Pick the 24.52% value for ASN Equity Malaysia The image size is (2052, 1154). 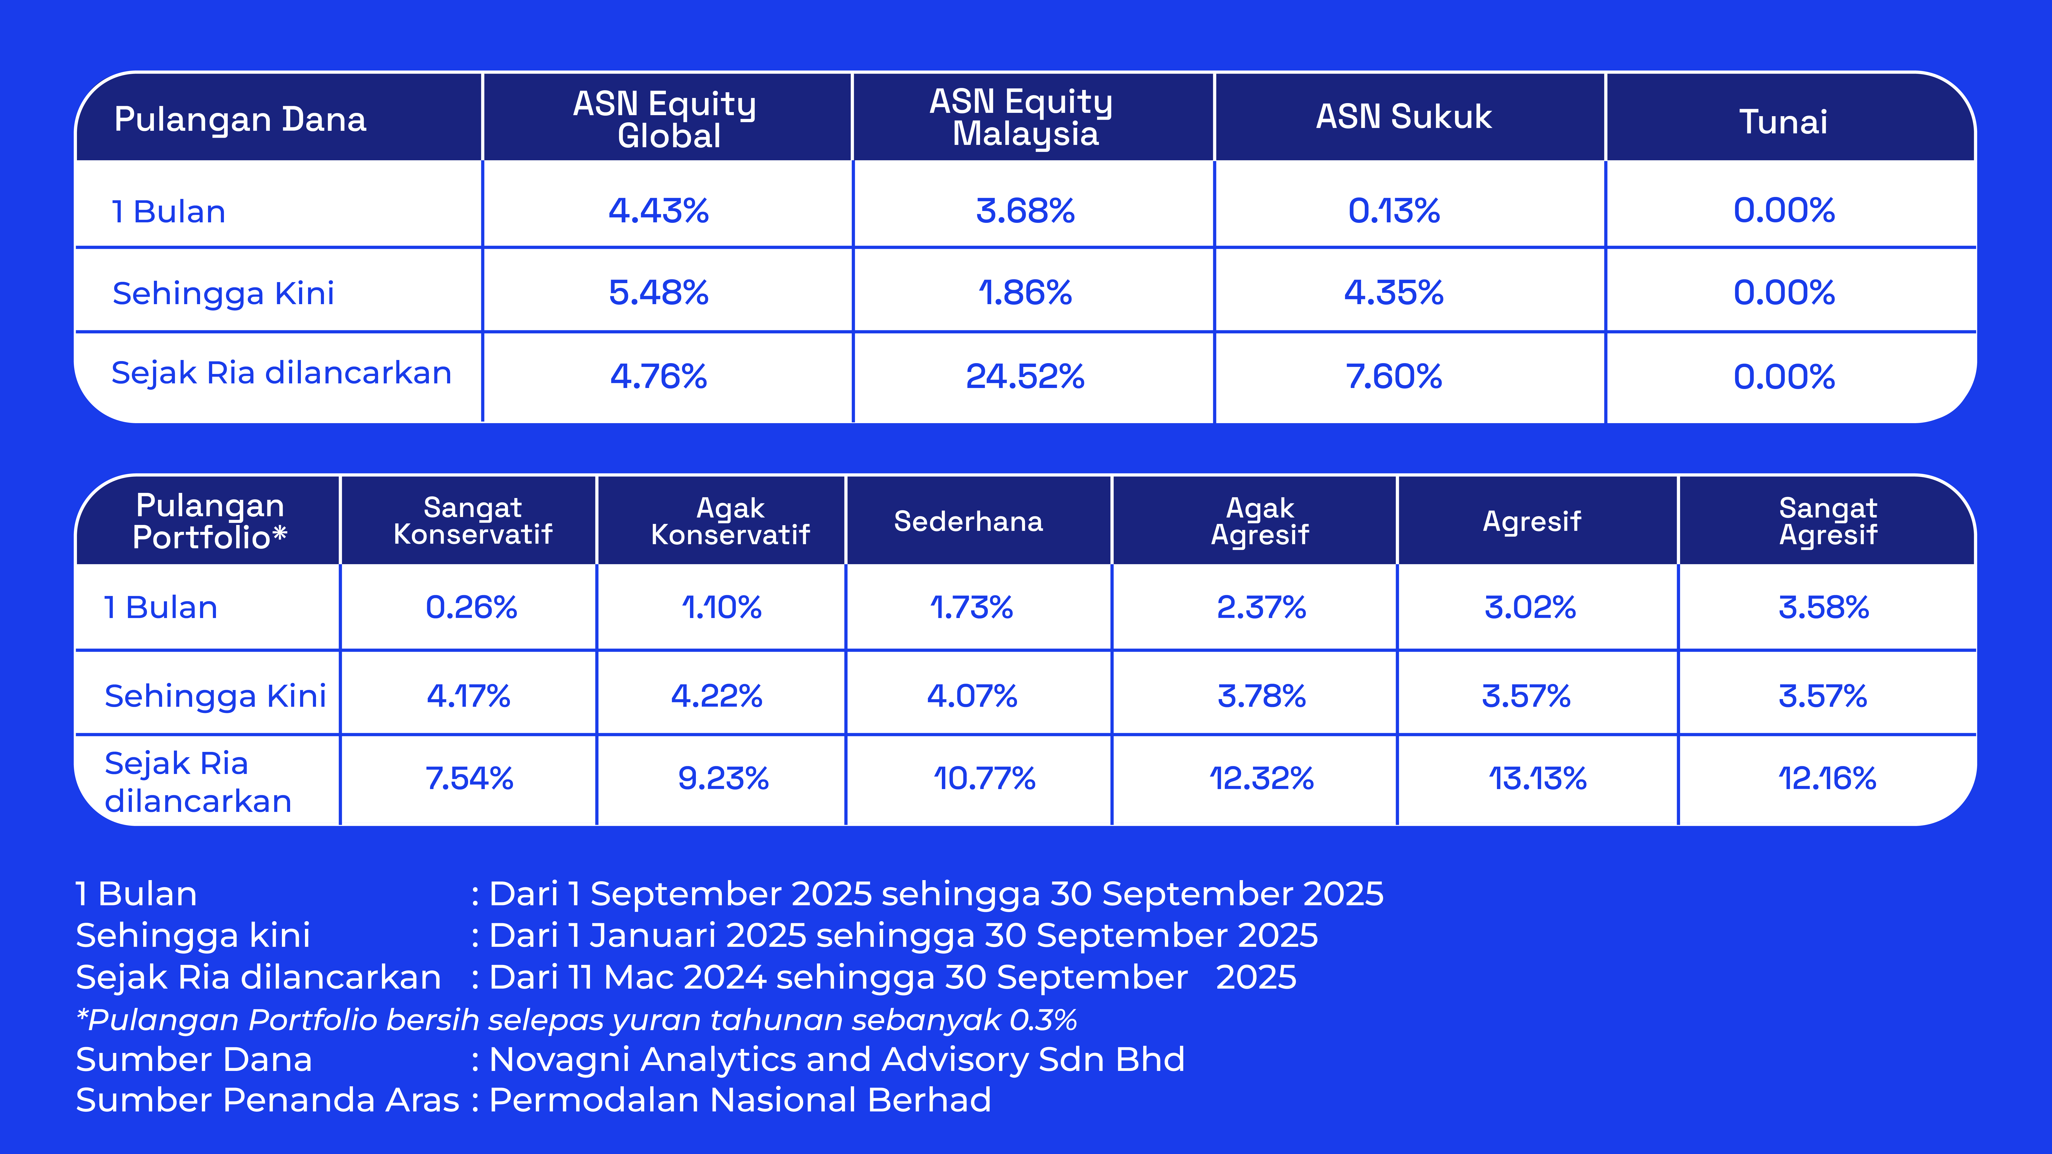click(x=1025, y=377)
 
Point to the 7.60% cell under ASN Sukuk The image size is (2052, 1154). click(x=1394, y=377)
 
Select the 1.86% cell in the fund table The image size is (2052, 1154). click(x=1025, y=293)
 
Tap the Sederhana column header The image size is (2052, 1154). click(x=968, y=522)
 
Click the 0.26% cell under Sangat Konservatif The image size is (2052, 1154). click(x=472, y=608)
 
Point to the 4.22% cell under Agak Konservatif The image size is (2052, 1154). click(x=717, y=696)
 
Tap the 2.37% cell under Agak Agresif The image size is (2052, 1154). click(x=1261, y=608)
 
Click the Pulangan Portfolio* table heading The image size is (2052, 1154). click(x=210, y=522)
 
